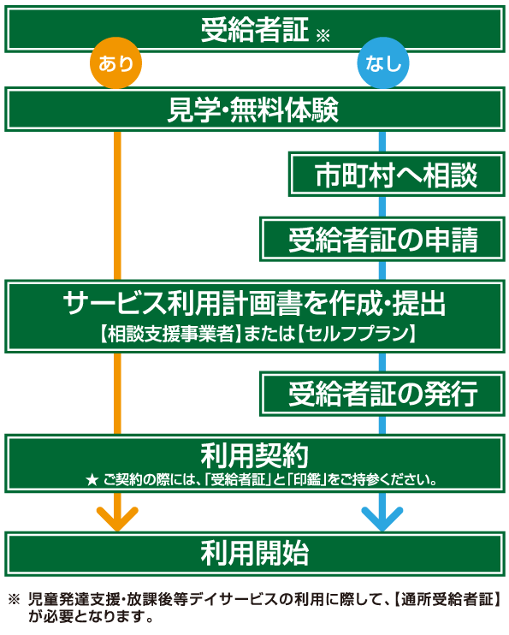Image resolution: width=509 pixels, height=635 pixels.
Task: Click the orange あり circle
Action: [x=115, y=63]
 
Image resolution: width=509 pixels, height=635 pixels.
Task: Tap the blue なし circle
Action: [x=383, y=63]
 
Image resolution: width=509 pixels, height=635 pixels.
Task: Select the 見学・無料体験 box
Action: [x=255, y=110]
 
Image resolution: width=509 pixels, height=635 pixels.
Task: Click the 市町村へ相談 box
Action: [x=397, y=175]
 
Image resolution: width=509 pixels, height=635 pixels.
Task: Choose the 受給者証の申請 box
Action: [x=382, y=240]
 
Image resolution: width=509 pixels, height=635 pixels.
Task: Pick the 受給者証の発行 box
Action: [x=382, y=394]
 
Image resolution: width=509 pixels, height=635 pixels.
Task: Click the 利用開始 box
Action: [x=255, y=554]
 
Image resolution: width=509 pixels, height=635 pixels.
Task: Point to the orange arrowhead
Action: [x=117, y=519]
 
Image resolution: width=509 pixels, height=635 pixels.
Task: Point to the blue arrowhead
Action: [x=382, y=519]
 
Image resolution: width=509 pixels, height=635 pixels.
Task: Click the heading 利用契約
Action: [x=255, y=455]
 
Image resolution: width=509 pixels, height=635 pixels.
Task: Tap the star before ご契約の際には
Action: [x=92, y=480]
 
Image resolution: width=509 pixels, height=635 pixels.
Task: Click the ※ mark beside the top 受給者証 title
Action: [x=323, y=36]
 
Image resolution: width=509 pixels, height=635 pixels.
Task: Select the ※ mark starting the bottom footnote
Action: [x=14, y=599]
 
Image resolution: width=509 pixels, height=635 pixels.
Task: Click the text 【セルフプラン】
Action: [x=357, y=334]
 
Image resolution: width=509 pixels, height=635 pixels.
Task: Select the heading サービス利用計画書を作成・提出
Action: [x=254, y=303]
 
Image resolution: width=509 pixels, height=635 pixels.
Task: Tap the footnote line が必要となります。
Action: [x=91, y=617]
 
